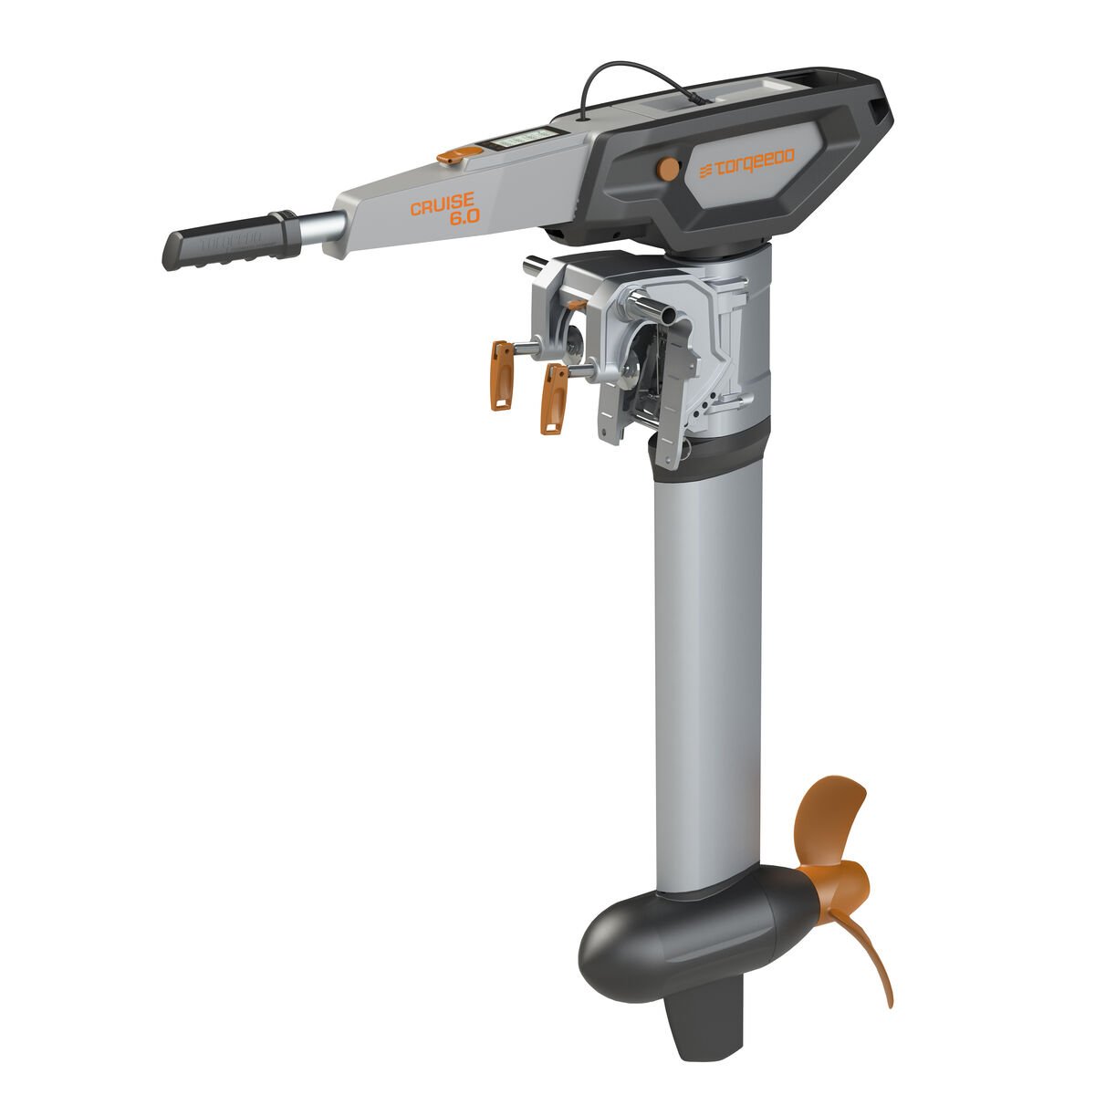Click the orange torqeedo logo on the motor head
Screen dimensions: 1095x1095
[x=746, y=164]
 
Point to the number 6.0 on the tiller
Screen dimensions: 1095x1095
[x=462, y=221]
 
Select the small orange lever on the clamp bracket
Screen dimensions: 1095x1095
[x=575, y=304]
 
